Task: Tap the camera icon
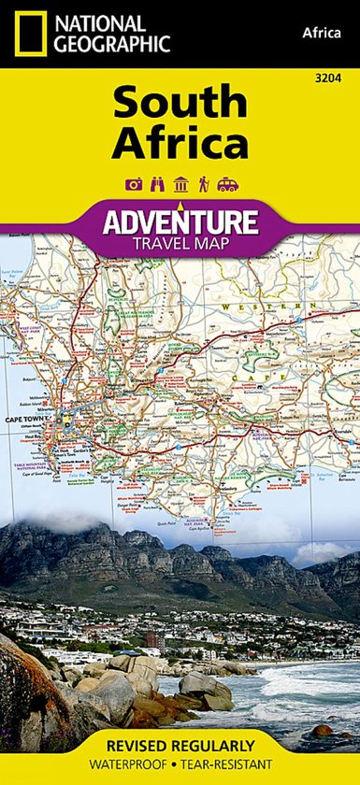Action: point(133,185)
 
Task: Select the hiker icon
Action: point(202,185)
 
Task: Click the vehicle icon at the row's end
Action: point(227,185)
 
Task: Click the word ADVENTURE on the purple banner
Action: point(180,222)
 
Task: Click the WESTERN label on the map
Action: point(281,306)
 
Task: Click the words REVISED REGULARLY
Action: point(180,745)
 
